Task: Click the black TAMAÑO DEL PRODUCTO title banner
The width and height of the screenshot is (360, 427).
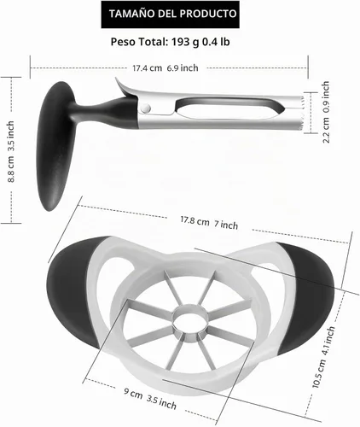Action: [170, 15]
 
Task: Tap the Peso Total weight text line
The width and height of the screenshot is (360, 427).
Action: [170, 42]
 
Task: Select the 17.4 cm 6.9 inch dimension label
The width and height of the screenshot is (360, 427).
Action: [165, 68]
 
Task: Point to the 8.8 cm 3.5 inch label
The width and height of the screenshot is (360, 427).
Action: [10, 151]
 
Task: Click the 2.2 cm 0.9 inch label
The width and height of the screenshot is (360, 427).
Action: [326, 112]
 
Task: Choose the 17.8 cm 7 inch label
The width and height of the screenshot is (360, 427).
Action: [209, 223]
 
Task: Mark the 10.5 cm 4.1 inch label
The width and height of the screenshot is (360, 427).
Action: [323, 357]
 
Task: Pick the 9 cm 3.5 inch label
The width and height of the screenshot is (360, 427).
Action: [150, 398]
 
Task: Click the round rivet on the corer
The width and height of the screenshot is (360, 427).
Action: [146, 108]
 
